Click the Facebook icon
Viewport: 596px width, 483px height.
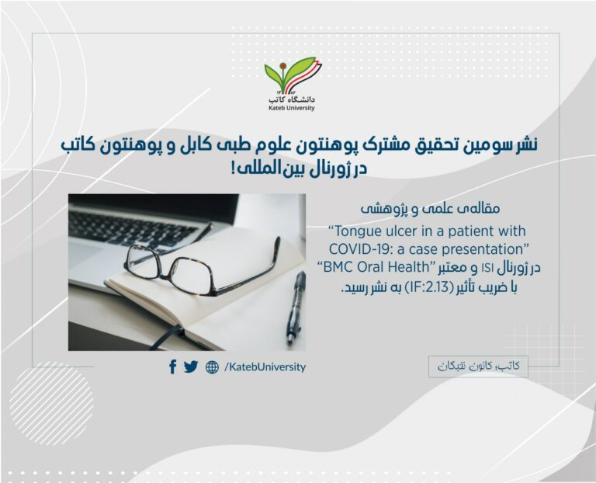pos(172,367)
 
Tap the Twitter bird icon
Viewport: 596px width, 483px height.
pos(191,367)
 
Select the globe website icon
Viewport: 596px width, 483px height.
pos(212,367)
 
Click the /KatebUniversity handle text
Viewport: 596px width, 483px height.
pos(265,367)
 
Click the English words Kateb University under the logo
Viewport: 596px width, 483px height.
pos(292,108)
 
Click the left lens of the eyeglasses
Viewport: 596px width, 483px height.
pos(144,263)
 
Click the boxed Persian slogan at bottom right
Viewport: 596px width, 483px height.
pos(478,367)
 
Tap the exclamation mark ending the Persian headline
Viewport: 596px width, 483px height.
pos(232,169)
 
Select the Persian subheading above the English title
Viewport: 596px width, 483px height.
pos(430,209)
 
